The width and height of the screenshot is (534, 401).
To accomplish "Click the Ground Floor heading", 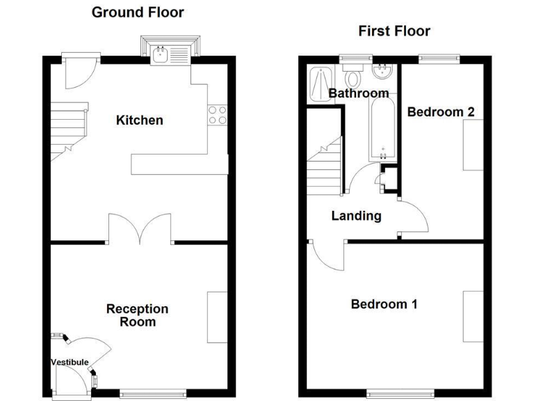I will [138, 12].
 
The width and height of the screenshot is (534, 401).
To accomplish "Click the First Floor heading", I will [394, 31].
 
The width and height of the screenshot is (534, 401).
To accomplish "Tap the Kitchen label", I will [139, 120].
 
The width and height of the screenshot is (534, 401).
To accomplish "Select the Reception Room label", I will [137, 315].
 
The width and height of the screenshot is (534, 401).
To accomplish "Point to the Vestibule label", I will [70, 362].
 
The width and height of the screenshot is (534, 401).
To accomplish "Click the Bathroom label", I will [359, 93].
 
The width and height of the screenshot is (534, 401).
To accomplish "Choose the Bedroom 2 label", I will [441, 111].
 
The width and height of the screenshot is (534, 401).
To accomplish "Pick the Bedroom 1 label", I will [384, 304].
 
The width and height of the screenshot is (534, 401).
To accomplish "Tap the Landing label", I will [356, 216].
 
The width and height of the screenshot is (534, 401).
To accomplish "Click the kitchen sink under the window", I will [171, 52].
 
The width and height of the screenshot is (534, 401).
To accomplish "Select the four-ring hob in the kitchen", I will [218, 115].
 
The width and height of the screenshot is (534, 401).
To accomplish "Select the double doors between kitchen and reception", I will [140, 230].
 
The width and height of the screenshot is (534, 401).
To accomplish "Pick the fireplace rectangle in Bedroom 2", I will [474, 145].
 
